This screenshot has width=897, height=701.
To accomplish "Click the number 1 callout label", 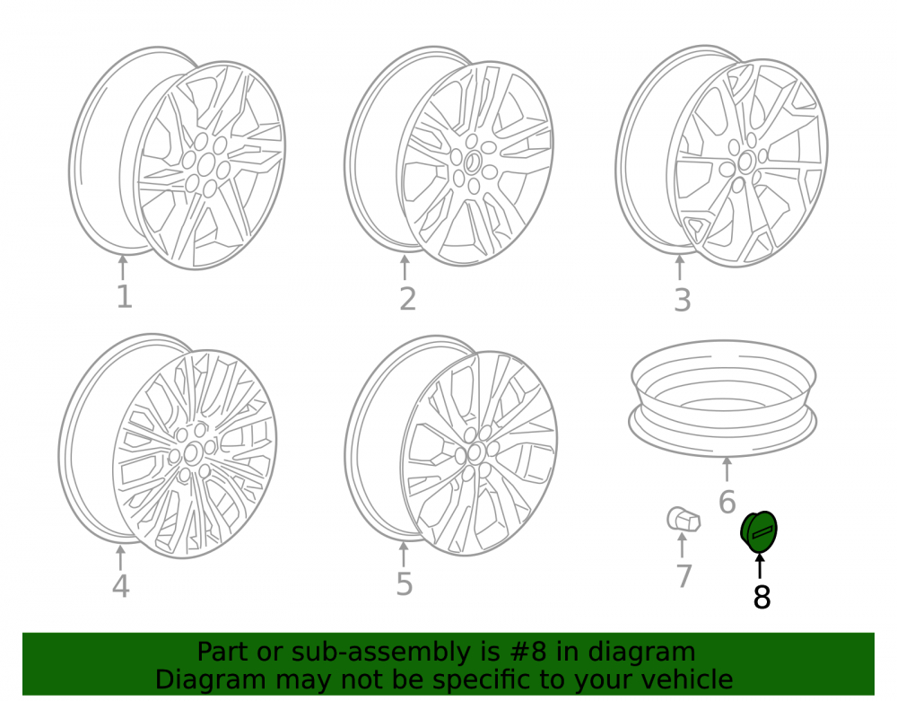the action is point(125,297).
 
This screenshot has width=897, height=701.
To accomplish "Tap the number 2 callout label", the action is point(407,299).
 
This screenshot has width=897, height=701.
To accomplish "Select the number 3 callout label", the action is point(683,300).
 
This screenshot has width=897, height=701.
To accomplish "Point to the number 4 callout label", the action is point(121,585).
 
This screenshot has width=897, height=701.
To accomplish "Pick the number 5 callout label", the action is point(405,583).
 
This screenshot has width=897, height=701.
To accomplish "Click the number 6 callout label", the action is point(727,502).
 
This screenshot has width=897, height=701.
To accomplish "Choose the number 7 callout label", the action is point(684,576).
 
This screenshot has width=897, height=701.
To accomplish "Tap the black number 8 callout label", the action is point(762,598).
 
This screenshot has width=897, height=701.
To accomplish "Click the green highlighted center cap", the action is point(759,532).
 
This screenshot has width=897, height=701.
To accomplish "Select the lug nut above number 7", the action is point(684,519).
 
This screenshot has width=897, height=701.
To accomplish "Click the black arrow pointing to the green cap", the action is point(760,566).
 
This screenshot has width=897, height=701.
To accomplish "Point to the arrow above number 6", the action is point(727,469).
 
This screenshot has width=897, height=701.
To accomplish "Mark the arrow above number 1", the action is point(122,267).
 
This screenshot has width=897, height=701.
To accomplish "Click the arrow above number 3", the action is point(680,267).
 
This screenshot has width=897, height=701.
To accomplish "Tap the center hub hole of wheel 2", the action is point(472,163).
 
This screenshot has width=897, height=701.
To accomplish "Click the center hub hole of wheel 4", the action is point(191,454).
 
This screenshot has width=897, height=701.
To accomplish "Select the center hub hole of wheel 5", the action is point(475,454).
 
